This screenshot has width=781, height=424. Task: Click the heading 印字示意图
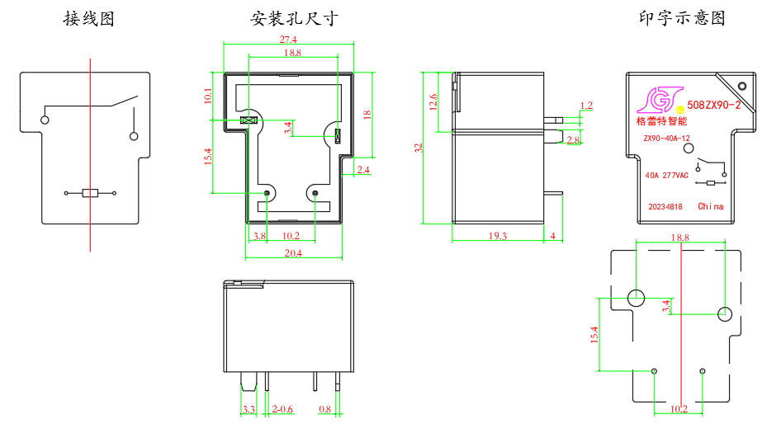682,18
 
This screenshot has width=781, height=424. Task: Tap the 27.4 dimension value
288,40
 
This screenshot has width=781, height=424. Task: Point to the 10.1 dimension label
207,96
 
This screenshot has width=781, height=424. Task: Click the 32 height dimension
419,148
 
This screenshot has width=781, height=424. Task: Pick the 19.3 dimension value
498,236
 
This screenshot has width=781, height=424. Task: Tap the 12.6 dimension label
434,101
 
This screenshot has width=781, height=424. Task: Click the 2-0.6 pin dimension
283,409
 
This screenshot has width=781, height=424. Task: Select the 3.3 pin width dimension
248,409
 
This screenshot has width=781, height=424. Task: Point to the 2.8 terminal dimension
574,141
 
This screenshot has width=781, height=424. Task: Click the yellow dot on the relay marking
680,108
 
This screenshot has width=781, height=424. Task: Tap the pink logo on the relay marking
654,100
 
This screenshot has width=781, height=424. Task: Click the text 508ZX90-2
714,106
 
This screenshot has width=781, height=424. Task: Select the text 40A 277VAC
667,175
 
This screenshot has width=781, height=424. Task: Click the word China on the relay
710,206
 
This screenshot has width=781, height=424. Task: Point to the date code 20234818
665,207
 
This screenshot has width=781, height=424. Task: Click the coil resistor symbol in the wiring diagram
91,194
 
